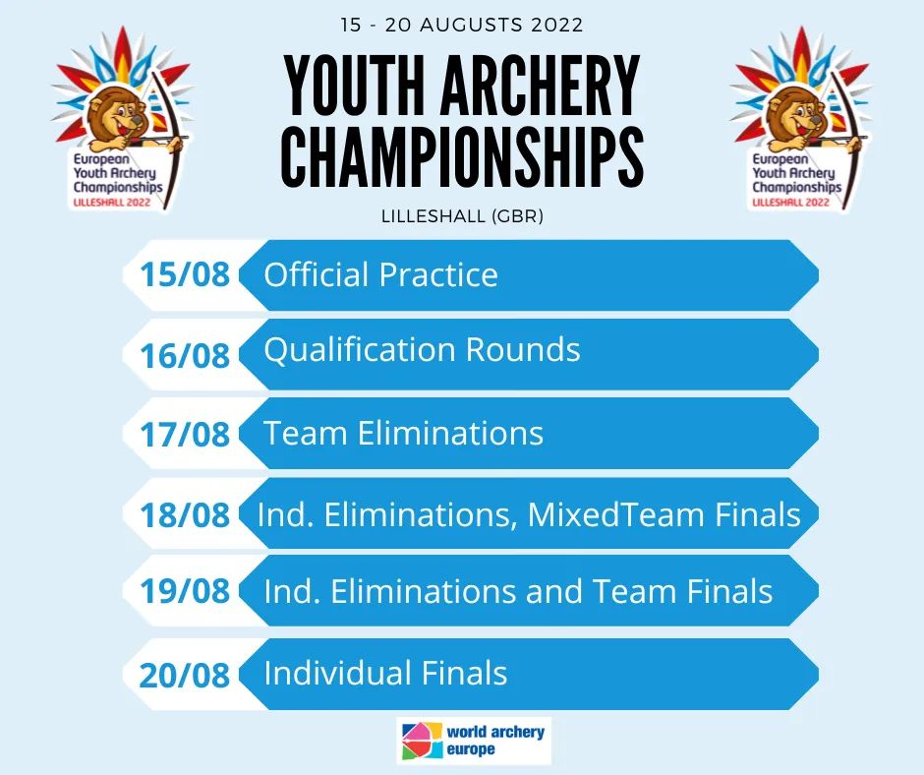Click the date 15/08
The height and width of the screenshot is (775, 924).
[184, 274]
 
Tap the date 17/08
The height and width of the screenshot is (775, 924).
[184, 435]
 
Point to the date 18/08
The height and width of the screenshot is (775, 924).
[184, 514]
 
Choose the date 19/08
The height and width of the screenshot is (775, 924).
[184, 591]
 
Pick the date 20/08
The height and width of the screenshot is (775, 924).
[184, 675]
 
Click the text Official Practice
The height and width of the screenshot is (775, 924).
[380, 274]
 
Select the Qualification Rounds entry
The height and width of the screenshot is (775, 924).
[422, 350]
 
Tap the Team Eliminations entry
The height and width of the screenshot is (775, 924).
[403, 434]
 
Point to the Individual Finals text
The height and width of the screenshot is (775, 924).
[385, 674]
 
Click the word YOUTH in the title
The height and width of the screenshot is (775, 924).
[353, 87]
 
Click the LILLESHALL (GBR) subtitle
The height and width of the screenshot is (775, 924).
[462, 216]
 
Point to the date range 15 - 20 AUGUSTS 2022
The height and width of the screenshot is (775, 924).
[462, 24]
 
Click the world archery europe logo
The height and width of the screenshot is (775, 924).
[474, 741]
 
